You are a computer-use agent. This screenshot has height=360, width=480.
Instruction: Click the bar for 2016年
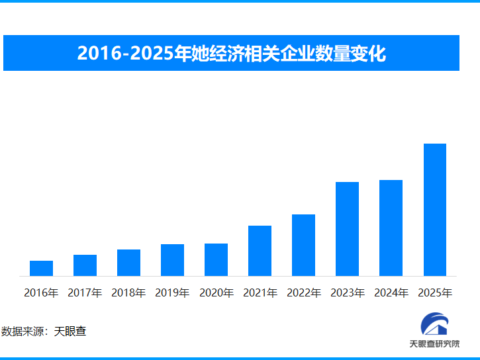coord(41,268)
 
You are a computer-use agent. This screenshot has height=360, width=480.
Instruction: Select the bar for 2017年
coord(85,265)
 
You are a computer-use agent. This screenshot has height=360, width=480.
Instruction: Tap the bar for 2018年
coord(128,263)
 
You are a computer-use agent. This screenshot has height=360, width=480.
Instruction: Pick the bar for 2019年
coord(172,260)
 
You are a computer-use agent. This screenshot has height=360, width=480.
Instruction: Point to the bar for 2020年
coord(216,259)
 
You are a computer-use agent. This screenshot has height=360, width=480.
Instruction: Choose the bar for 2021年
coord(260,251)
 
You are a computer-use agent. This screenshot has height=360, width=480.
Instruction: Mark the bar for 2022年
coord(303,245)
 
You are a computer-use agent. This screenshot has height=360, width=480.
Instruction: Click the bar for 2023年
coord(347,229)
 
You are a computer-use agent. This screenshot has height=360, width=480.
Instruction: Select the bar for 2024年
coord(391,228)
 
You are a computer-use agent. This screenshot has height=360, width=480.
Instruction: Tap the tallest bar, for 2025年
coord(434,210)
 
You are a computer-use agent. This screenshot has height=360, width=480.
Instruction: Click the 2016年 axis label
coord(41,292)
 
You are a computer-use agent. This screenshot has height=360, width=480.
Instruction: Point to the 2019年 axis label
coord(172,292)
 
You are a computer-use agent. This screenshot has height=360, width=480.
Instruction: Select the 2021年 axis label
coord(260,292)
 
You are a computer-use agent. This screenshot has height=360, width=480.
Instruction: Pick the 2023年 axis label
coord(347,292)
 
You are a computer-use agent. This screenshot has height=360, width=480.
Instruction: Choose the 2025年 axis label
coord(434,292)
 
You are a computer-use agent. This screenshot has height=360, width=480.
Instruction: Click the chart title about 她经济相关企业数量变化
coord(231,53)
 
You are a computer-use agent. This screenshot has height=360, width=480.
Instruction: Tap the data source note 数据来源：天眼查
coord(44,331)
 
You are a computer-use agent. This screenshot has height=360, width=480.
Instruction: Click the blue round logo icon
coord(434,324)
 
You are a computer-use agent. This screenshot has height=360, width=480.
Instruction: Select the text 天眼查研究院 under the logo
coord(434,344)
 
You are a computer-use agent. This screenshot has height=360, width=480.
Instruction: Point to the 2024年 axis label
coord(391,292)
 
